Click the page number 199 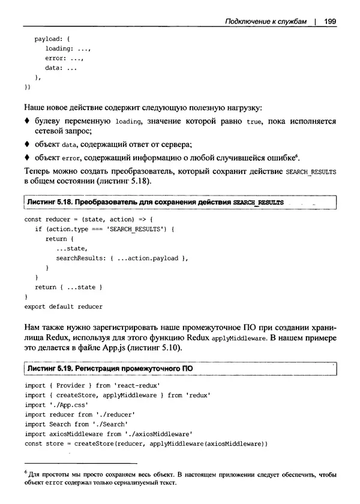(329, 22)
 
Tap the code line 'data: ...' (61, 68)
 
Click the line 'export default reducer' (64, 306)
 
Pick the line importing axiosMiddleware (108, 433)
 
